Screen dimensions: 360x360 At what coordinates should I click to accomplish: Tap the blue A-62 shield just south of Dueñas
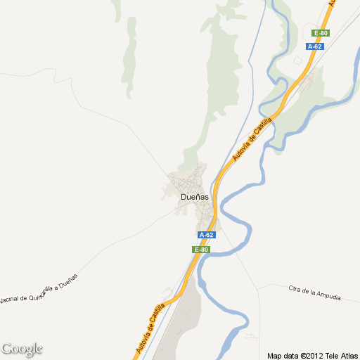click(206, 235)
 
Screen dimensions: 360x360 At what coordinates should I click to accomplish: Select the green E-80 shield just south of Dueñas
click(200, 250)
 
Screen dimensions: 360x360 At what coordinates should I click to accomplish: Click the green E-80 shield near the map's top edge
click(321, 33)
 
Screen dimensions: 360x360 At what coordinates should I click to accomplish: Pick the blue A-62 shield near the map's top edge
click(315, 46)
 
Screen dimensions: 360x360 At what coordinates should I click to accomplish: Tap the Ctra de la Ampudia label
click(314, 292)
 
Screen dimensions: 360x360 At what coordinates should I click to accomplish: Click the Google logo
click(22, 349)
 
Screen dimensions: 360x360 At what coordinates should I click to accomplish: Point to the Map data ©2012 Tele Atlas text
click(312, 355)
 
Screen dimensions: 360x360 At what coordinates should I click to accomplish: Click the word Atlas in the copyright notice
click(348, 355)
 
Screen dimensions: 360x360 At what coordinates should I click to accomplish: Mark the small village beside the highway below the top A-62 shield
click(307, 84)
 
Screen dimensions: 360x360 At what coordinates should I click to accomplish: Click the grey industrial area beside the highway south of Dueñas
click(179, 323)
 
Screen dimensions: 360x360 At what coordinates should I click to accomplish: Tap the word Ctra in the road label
click(295, 288)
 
